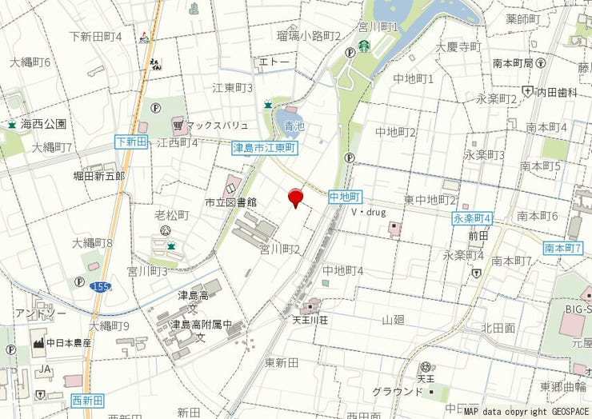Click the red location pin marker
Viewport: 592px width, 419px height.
(295, 197)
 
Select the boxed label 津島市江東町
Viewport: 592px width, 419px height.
(265, 148)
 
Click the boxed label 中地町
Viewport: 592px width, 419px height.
(346, 196)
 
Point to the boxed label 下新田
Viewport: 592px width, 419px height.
(131, 142)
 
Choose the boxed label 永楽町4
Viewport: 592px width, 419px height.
(471, 218)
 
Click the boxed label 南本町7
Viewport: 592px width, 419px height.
(562, 249)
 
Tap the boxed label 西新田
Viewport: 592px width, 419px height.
(87, 400)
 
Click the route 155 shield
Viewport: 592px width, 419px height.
(101, 285)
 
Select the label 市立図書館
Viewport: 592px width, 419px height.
(230, 202)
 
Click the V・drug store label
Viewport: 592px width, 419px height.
(368, 213)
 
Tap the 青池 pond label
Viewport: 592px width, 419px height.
(294, 126)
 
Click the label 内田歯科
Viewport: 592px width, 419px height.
(557, 92)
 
